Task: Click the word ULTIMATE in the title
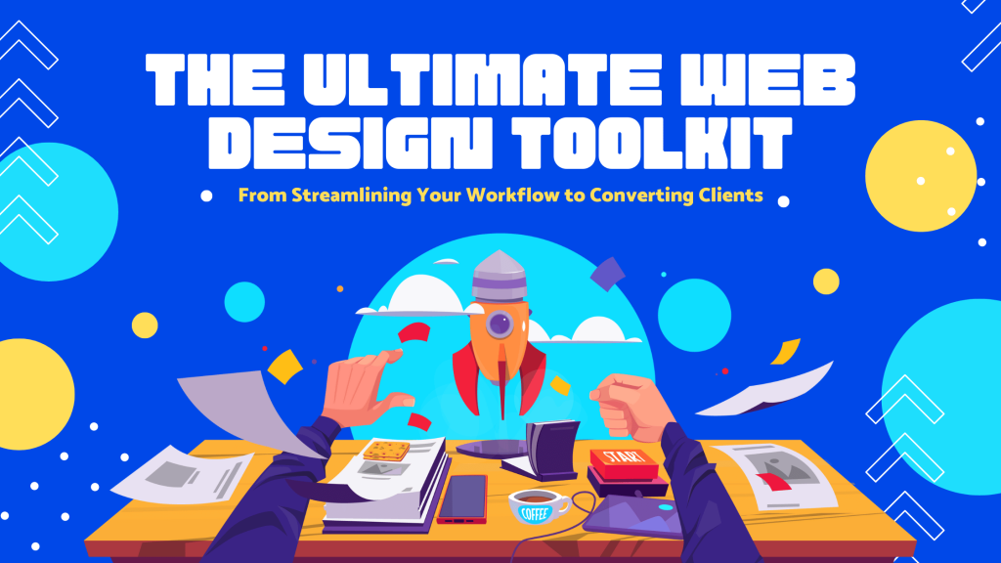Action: point(483,79)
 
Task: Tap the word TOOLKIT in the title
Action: point(652,143)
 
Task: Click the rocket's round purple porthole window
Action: point(500,325)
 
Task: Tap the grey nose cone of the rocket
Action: point(500,276)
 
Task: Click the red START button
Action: point(623,462)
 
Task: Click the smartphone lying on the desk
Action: point(462,498)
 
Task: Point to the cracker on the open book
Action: point(386,451)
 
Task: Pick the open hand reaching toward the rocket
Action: point(364,388)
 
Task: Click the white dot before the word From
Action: point(206,195)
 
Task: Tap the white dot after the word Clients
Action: point(783,201)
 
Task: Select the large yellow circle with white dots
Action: point(921,176)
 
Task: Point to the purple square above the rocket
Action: point(607,274)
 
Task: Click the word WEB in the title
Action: point(767,79)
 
